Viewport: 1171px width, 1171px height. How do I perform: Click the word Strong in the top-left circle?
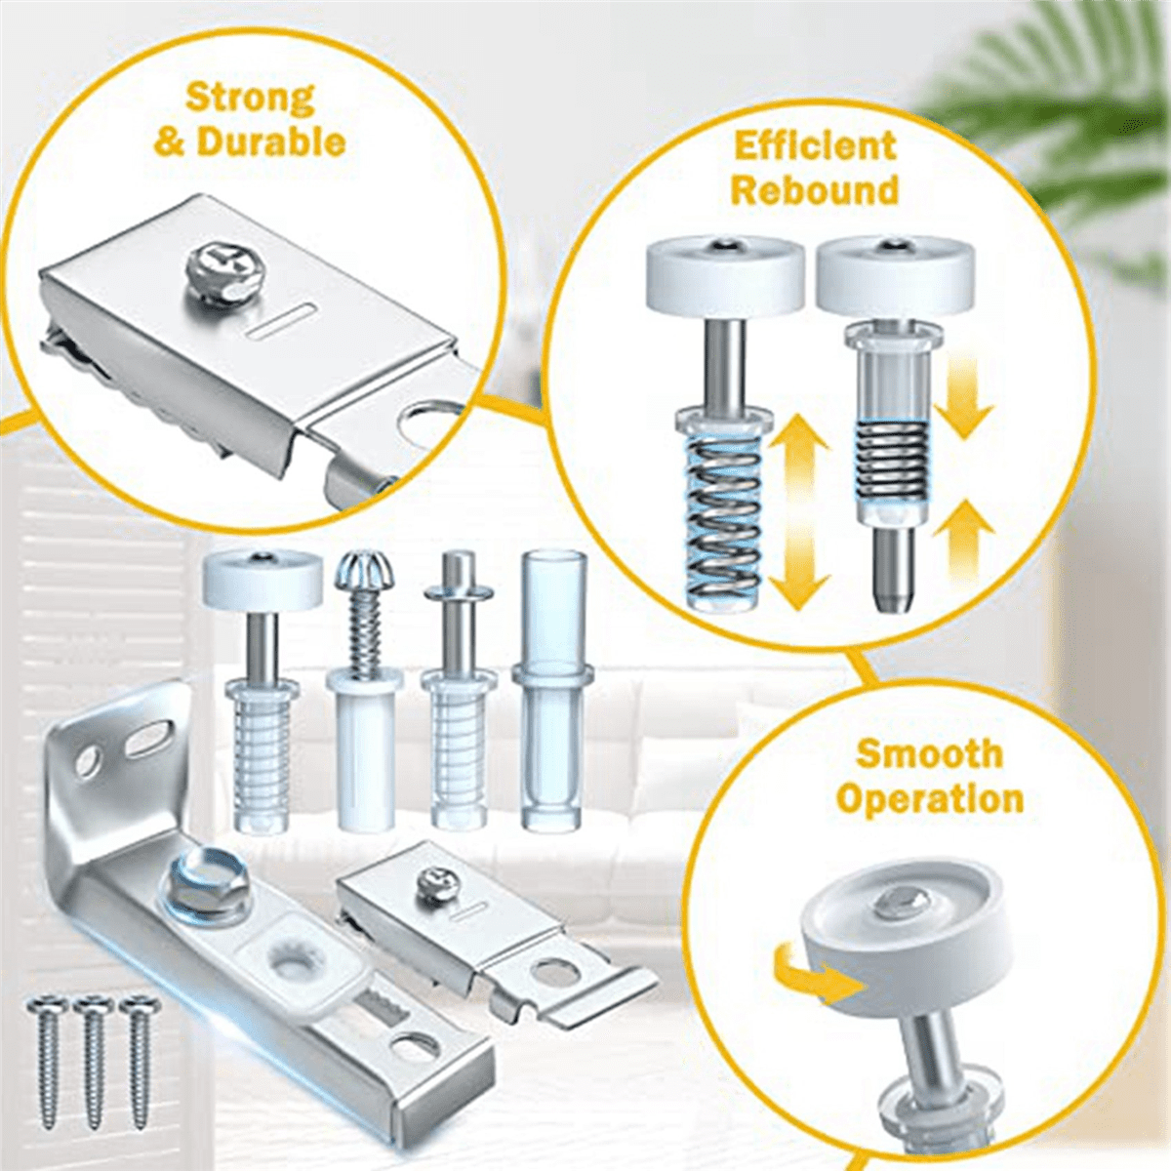pos(250,98)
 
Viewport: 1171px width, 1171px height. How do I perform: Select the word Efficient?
pos(815,146)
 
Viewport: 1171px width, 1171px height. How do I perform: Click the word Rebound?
pos(815,190)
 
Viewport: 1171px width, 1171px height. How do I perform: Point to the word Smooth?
pos(929,754)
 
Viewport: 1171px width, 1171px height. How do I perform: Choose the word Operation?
pos(930,800)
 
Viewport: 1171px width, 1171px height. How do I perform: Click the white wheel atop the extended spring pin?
pos(725,274)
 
